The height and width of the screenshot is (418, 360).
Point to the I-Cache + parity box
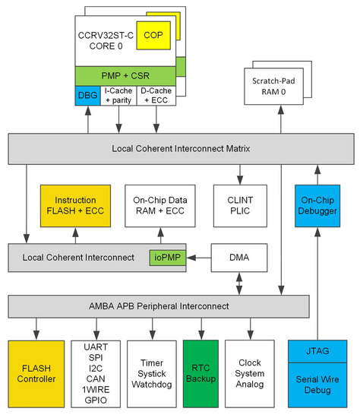point(118,95)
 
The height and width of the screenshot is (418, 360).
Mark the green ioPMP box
point(166,258)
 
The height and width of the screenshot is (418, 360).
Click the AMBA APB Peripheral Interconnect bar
point(159,306)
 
